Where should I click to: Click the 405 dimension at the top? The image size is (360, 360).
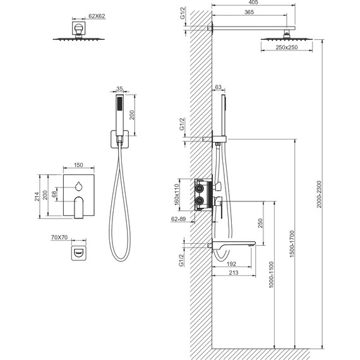[253, 3]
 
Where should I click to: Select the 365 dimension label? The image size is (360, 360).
[249, 12]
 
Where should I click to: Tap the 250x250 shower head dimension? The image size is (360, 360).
[287, 47]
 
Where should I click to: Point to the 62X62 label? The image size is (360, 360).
[97, 16]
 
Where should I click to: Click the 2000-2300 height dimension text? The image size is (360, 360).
[320, 195]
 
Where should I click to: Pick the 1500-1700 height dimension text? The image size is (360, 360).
[292, 244]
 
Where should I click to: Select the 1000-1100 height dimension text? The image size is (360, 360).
[272, 275]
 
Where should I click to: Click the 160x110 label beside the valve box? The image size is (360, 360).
[177, 195]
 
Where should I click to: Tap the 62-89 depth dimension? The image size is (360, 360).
[178, 219]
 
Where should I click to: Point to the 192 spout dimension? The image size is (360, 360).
[231, 264]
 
